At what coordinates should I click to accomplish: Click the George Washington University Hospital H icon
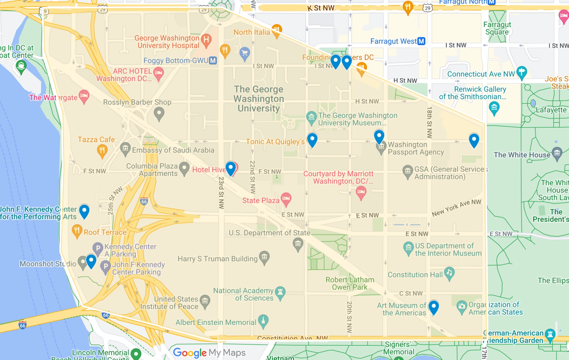206,39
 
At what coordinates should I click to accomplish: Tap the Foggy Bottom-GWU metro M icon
213,60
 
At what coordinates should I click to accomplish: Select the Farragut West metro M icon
421,41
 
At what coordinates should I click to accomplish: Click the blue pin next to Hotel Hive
231,168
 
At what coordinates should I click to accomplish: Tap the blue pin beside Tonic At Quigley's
312,139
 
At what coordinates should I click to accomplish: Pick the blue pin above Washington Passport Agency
379,136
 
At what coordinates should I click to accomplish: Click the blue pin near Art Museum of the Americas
434,307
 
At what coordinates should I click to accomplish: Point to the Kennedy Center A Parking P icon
98,248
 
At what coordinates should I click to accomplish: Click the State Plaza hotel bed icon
286,198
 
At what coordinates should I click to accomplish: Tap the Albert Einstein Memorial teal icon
263,321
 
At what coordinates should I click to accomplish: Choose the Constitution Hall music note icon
449,273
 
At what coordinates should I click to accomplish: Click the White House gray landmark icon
557,153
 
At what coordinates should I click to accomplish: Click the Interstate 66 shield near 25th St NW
144,201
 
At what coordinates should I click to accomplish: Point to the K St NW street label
321,8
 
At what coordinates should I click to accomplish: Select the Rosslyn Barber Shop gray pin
159,113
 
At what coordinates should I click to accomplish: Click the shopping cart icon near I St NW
244,53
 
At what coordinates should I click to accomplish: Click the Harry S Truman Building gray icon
264,257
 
